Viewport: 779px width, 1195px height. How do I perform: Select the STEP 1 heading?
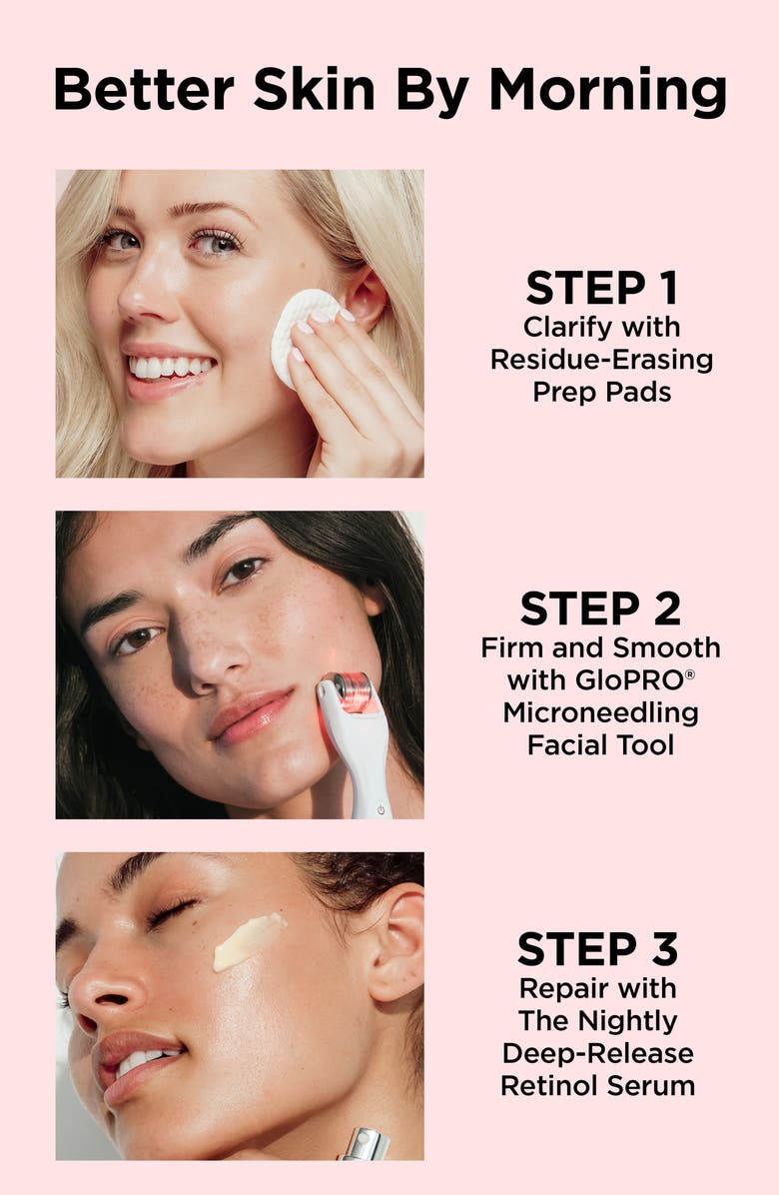pyautogui.click(x=601, y=289)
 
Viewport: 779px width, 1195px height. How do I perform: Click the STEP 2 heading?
pyautogui.click(x=600, y=608)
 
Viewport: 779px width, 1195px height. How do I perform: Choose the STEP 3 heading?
pyautogui.click(x=596, y=948)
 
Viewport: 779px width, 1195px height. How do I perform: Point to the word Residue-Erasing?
pyautogui.click(x=601, y=360)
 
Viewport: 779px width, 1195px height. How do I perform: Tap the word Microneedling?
pyautogui.click(x=600, y=713)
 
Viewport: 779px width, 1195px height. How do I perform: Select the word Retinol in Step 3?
pyautogui.click(x=554, y=1085)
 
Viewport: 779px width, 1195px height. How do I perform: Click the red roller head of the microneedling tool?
pyautogui.click(x=352, y=692)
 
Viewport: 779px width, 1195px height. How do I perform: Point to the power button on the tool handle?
pyautogui.click(x=381, y=808)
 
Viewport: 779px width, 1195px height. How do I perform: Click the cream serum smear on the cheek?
pyautogui.click(x=249, y=941)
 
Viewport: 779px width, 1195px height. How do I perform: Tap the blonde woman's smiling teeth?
pyautogui.click(x=170, y=367)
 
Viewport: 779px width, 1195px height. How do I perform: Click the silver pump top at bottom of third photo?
pyautogui.click(x=366, y=1143)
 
